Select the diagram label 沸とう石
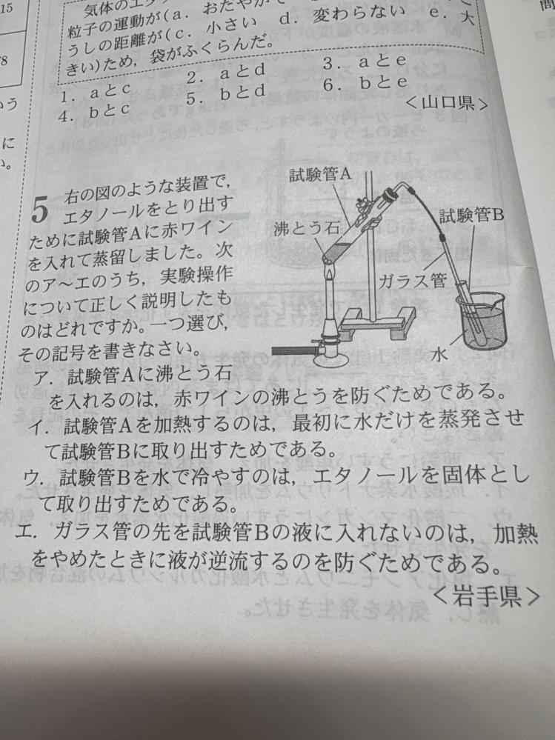pyautogui.click(x=299, y=227)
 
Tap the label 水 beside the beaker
pyautogui.click(x=442, y=356)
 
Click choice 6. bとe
pyautogui.click(x=360, y=87)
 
